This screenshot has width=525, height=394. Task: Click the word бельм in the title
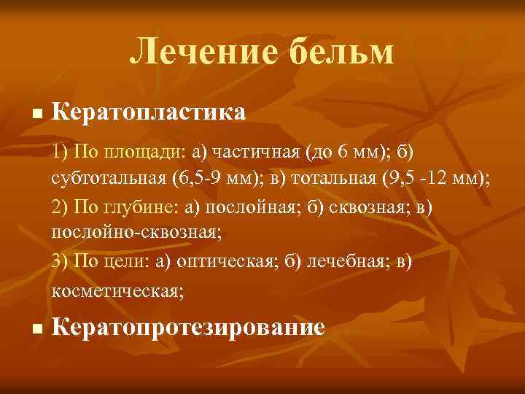click(x=336, y=53)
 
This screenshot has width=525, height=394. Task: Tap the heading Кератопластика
click(x=149, y=113)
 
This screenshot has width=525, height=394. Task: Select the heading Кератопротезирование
click(x=189, y=327)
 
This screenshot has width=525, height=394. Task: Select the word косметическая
click(x=117, y=290)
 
